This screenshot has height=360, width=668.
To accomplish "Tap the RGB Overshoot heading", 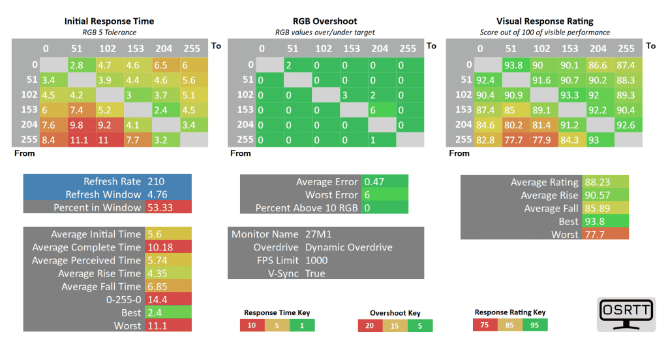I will (325, 21).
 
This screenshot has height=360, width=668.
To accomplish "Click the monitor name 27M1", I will (318, 234).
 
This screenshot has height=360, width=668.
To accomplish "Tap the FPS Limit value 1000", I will (316, 260).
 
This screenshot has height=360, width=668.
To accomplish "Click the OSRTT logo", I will (626, 314).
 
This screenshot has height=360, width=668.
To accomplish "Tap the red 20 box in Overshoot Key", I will (370, 325).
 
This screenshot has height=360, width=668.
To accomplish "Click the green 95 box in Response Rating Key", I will (535, 324).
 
